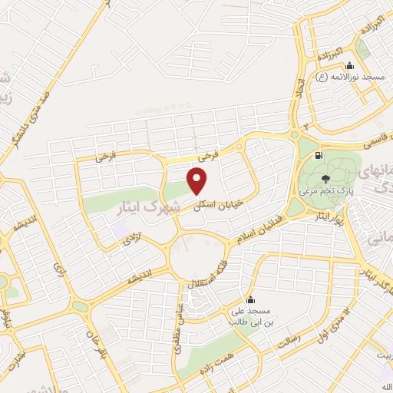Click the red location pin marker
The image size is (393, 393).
(x=197, y=181)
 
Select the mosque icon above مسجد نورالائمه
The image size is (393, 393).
(x=350, y=65)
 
